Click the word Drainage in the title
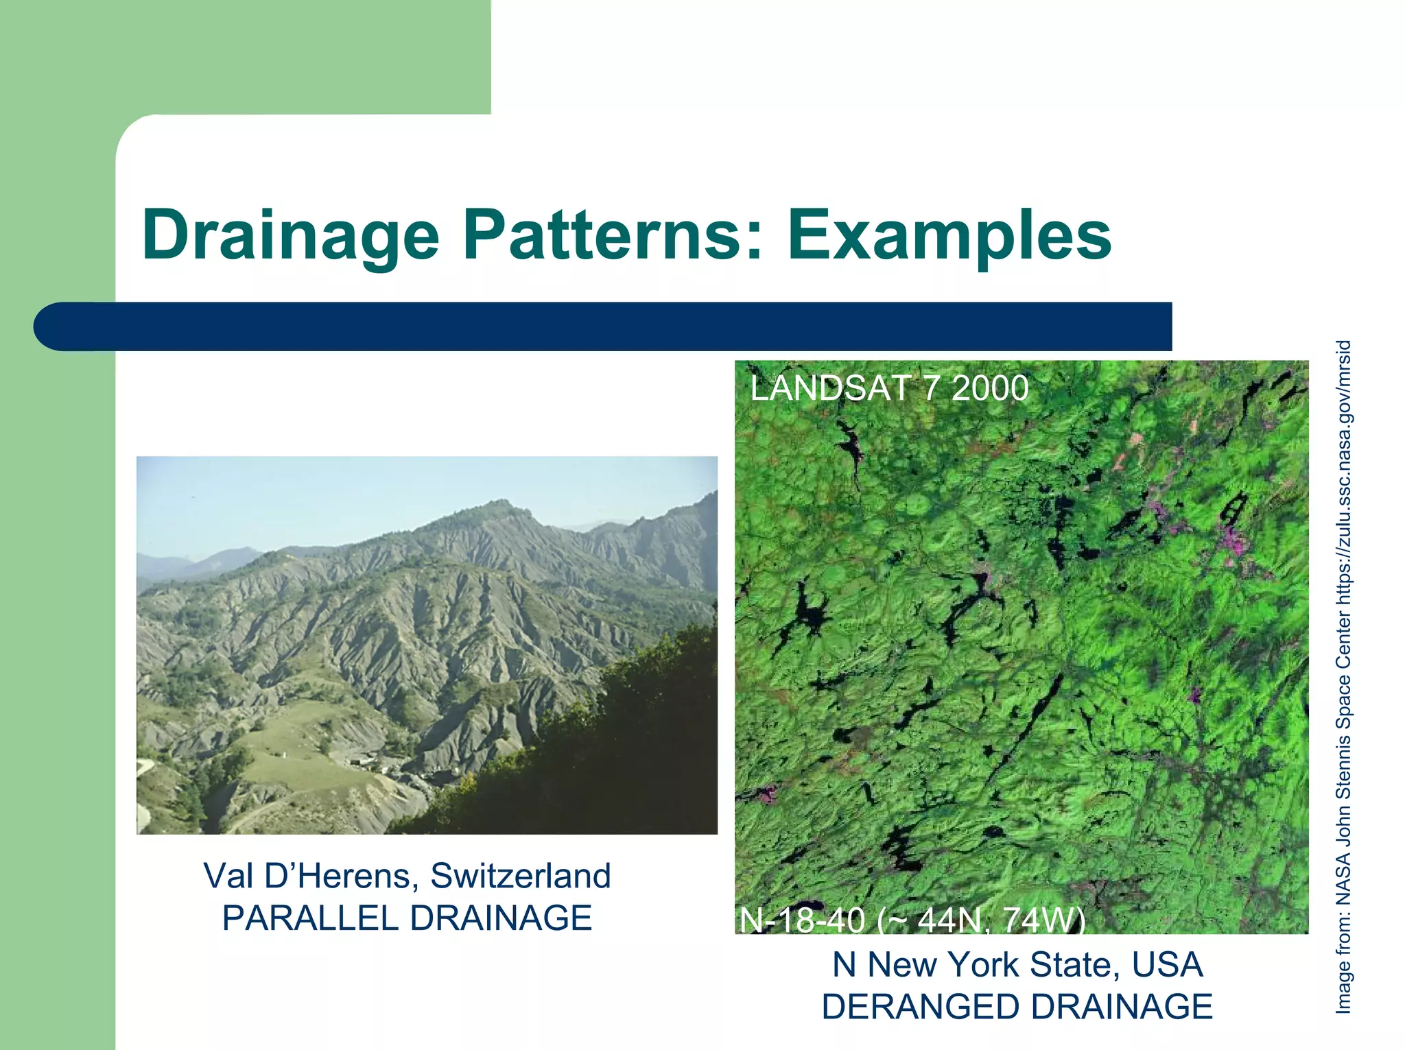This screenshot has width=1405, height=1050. [x=290, y=235]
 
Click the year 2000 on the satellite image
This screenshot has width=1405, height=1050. [x=990, y=388]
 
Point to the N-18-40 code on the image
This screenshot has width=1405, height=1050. [x=802, y=920]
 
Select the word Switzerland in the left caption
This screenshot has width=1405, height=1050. [x=520, y=876]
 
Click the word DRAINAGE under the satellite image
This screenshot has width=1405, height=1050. [x=1121, y=1007]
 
